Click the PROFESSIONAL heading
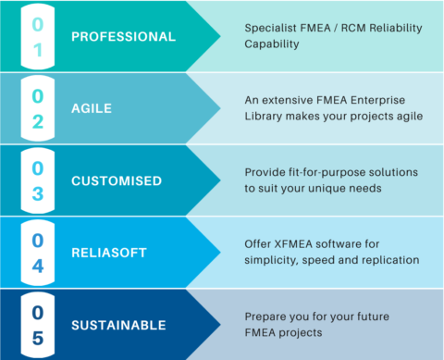123,38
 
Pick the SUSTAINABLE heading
118,325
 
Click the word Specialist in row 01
272,28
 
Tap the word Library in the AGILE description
266,117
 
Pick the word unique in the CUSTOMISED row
348,189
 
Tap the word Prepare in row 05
267,317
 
